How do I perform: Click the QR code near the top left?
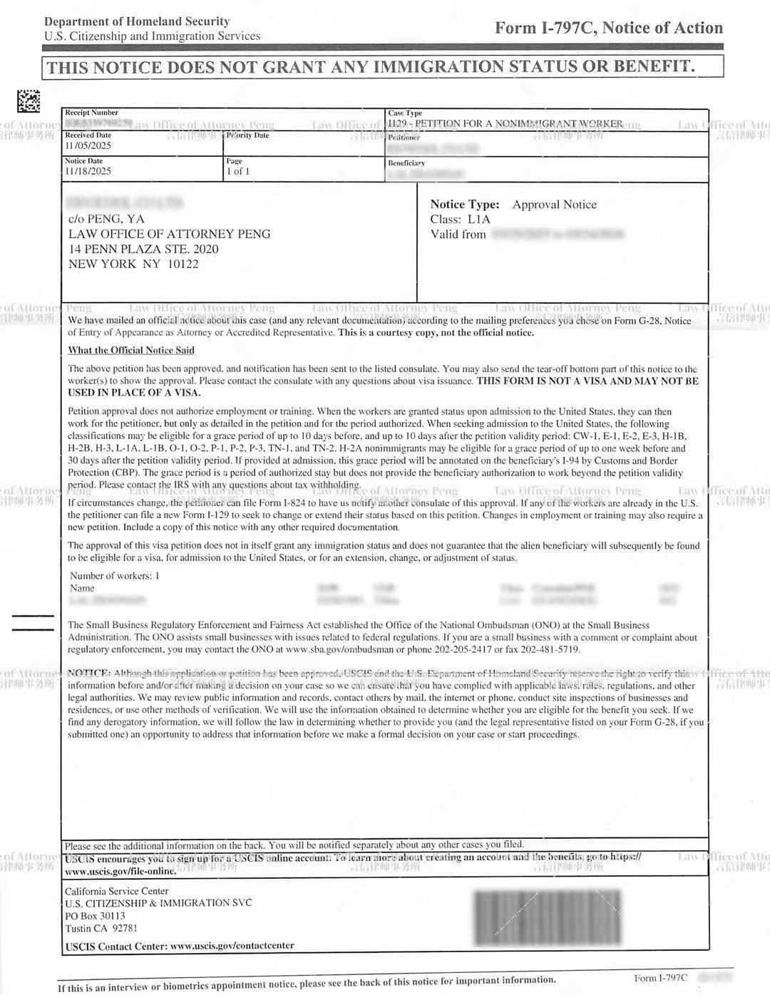pyautogui.click(x=29, y=101)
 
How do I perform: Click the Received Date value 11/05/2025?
pyautogui.click(x=88, y=146)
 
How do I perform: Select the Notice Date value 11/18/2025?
pyautogui.click(x=88, y=172)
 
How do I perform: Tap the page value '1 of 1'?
pyautogui.click(x=238, y=172)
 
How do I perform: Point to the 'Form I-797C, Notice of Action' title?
pyautogui.click(x=609, y=29)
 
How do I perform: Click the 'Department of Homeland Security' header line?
pyautogui.click(x=137, y=22)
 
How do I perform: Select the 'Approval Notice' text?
pyautogui.click(x=554, y=205)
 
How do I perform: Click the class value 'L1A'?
pyautogui.click(x=479, y=220)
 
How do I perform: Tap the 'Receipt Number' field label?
pyautogui.click(x=91, y=113)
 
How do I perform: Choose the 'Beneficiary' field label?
pyautogui.click(x=406, y=163)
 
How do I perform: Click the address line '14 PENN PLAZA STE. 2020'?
pyautogui.click(x=143, y=249)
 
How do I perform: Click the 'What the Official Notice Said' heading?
pyautogui.click(x=131, y=350)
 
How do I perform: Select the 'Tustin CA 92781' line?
pyautogui.click(x=101, y=929)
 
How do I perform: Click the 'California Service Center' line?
pyautogui.click(x=117, y=891)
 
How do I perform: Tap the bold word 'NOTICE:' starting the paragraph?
pyautogui.click(x=89, y=674)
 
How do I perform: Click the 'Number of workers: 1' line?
pyautogui.click(x=115, y=576)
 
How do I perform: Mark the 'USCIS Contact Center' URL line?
pyautogui.click(x=179, y=947)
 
